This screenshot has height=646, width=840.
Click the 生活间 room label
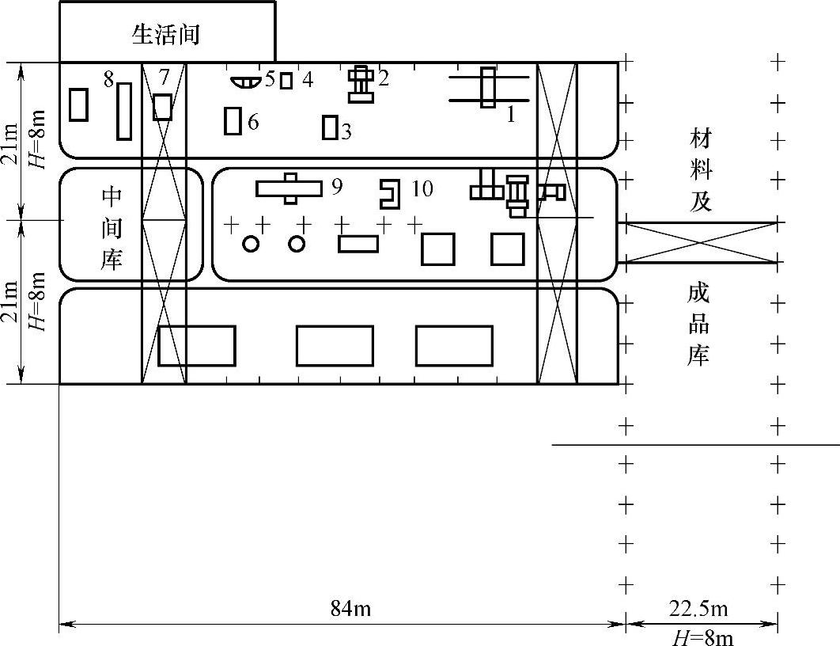166,34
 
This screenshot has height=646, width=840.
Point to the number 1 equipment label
511,115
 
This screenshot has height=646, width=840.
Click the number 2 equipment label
384,78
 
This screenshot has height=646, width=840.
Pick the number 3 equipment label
346,131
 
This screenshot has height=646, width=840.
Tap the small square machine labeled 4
286,81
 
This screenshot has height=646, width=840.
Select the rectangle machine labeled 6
233,121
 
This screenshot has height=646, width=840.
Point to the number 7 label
164,77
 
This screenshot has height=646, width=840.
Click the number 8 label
108,78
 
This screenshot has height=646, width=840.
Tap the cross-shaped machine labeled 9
289,188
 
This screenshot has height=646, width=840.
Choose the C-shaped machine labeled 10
389,192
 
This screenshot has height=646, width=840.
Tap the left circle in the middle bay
251,244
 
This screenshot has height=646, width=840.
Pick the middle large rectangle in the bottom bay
335,346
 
